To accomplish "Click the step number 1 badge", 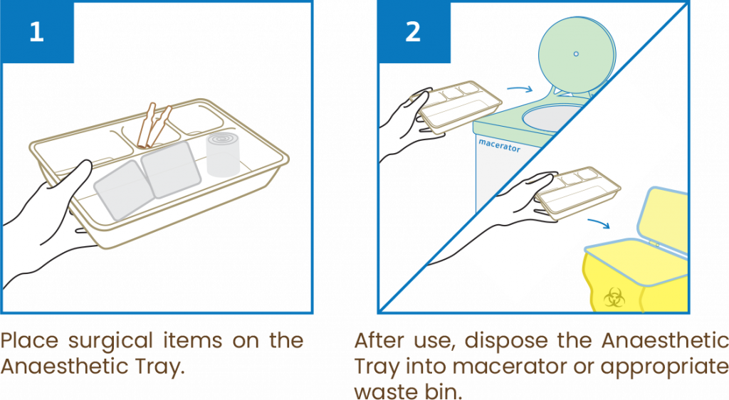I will coord(36,33).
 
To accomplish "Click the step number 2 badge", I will coord(412,33).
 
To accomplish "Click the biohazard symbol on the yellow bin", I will coord(613,296).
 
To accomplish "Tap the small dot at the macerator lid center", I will coord(576,53).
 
